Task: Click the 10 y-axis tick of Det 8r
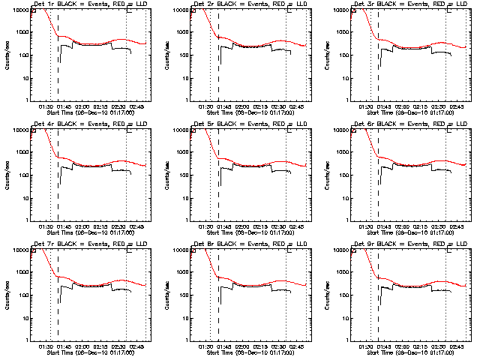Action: [185, 318]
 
